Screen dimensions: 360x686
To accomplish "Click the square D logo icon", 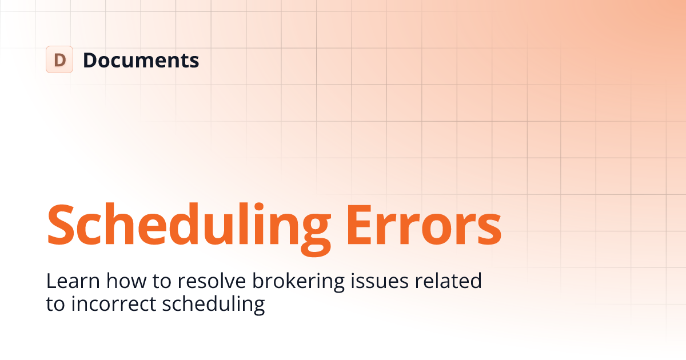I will click(59, 59).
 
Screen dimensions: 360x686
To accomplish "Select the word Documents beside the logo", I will click(141, 60).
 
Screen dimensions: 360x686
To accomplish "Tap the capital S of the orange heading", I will click(62, 223).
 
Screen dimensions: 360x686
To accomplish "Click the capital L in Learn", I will click(51, 281).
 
